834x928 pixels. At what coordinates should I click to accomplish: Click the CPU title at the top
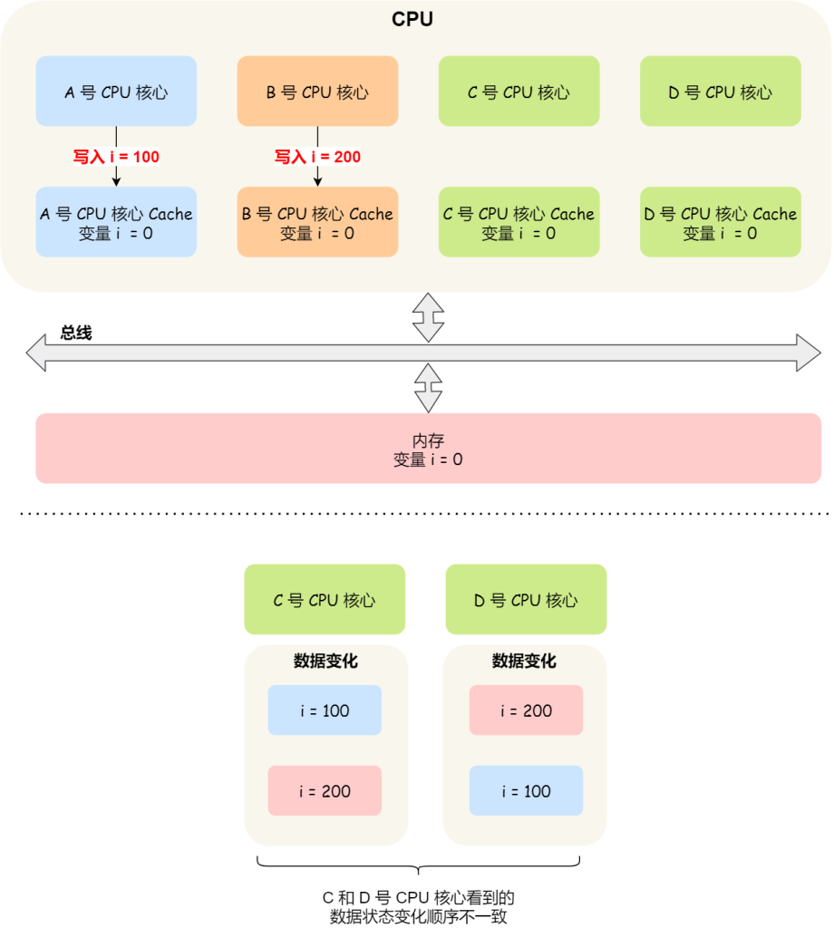point(412,19)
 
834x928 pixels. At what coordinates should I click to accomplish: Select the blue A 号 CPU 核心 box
point(116,91)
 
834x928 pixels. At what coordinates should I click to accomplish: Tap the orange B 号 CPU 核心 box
point(317,91)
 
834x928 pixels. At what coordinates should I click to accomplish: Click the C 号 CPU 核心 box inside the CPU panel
point(519,91)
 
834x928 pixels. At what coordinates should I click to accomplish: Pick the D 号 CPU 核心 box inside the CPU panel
point(720,91)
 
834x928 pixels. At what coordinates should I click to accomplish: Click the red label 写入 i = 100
point(116,157)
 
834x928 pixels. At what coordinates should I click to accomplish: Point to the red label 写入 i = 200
point(317,157)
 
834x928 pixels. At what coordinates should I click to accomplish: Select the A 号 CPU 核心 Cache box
point(116,222)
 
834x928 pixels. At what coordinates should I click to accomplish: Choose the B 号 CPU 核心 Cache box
point(317,222)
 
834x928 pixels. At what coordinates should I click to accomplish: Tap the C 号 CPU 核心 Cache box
point(519,222)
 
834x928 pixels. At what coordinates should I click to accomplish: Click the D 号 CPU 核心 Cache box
point(720,222)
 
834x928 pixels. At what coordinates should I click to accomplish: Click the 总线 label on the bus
point(76,333)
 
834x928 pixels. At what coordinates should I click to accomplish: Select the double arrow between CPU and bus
point(428,317)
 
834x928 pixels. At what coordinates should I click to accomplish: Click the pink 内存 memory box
point(428,449)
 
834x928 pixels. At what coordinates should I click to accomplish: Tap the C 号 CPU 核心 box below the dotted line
point(324,599)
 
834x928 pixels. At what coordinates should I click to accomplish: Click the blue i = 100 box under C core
point(324,710)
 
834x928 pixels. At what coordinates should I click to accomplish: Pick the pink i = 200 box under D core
point(526,710)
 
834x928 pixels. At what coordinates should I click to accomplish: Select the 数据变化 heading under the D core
point(524,661)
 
